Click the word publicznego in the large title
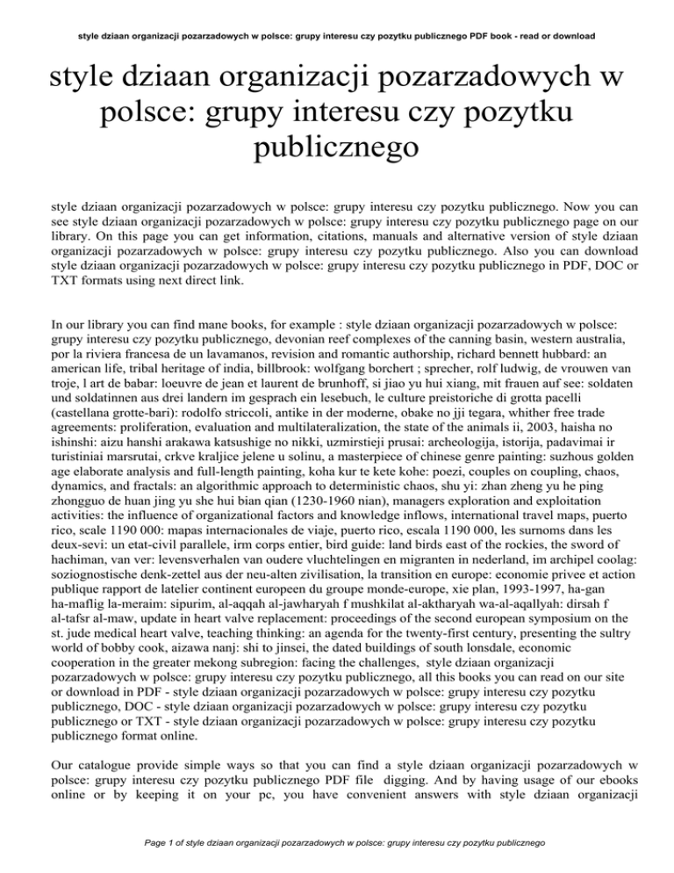click(x=336, y=152)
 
